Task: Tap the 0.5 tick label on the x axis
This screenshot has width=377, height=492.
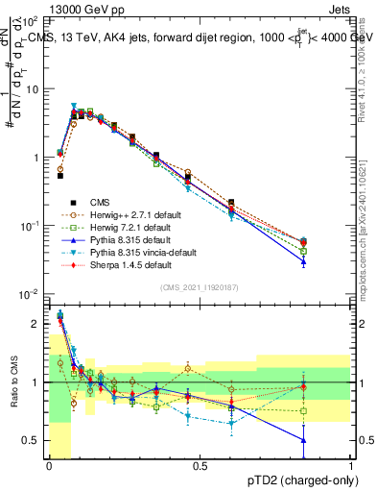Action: [x=200, y=466]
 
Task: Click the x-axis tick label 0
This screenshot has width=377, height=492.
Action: [x=49, y=466]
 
